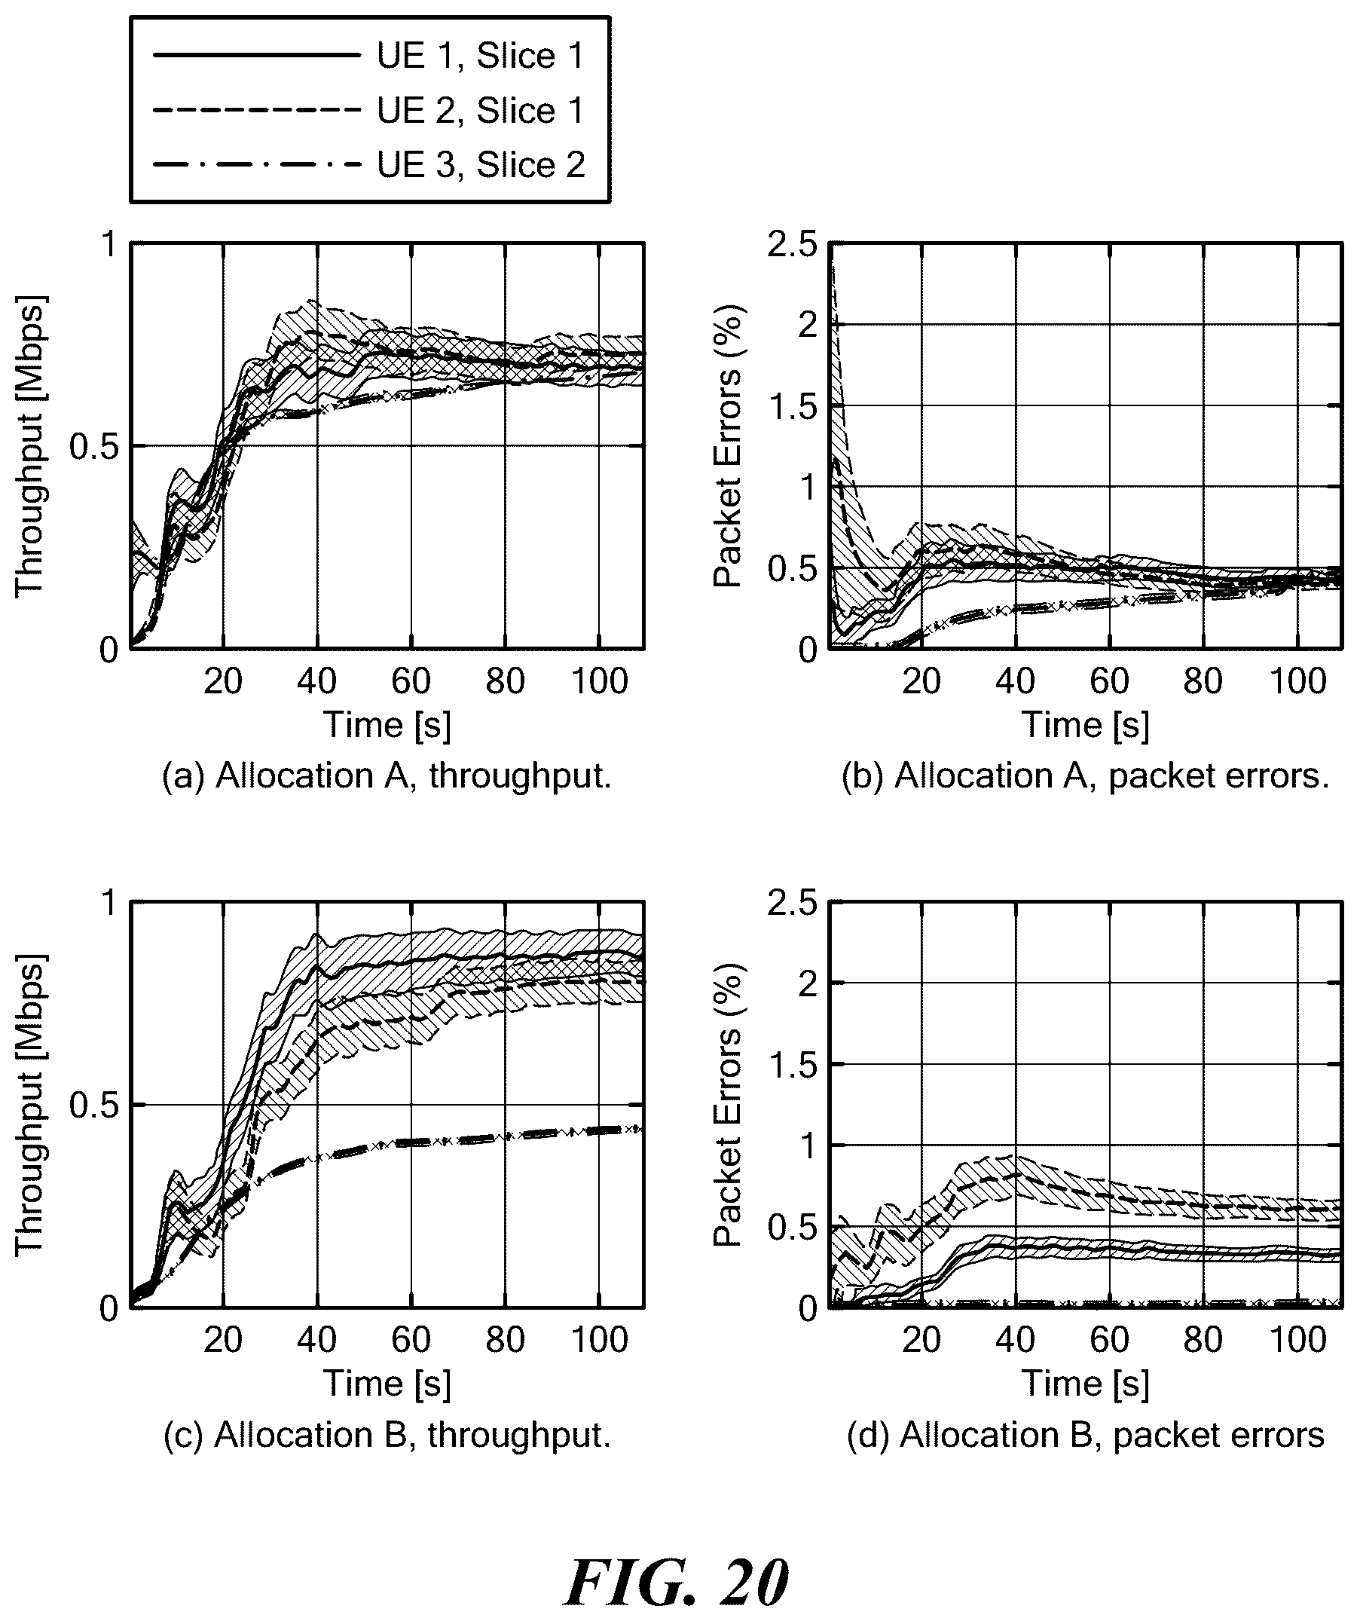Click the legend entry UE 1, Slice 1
click(481, 56)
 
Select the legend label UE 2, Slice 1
click(481, 110)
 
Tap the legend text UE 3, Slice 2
click(481, 164)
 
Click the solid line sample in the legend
click(257, 55)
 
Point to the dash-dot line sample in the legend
click(257, 164)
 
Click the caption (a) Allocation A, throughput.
click(387, 775)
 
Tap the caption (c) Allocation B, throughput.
click(387, 1435)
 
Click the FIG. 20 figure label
click(677, 1583)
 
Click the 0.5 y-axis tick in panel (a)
click(92, 446)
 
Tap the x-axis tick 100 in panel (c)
click(600, 1340)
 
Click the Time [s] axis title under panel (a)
click(387, 726)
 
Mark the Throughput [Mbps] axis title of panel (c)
click(31, 1105)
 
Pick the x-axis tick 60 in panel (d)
click(1110, 1340)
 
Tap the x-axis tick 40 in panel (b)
click(1016, 681)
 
